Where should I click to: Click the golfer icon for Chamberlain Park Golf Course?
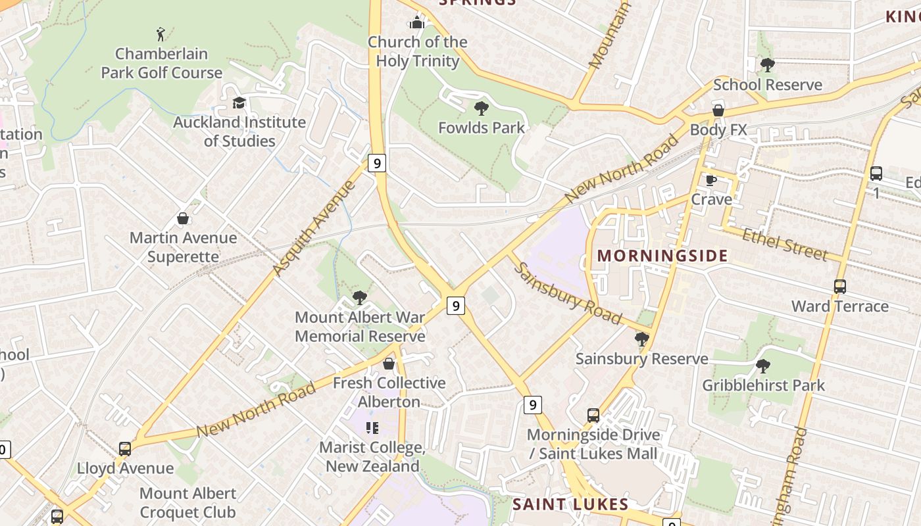(161, 34)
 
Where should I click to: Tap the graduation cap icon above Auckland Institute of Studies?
(239, 103)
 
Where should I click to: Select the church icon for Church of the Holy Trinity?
(416, 23)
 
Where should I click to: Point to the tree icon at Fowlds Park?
(482, 108)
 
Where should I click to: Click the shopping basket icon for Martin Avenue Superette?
(183, 218)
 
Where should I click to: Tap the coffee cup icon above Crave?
(710, 180)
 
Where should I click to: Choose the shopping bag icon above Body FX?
(718, 110)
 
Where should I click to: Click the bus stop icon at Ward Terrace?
(839, 287)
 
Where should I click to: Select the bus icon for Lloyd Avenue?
(125, 449)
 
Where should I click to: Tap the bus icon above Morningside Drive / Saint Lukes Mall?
(593, 416)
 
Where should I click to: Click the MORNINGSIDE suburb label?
(662, 256)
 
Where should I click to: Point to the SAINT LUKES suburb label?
(570, 504)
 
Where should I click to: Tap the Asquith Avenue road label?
(313, 227)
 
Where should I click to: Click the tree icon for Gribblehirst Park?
(762, 366)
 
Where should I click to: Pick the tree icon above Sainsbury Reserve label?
(641, 339)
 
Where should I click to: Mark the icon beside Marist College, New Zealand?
(372, 428)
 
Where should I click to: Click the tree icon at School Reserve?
(767, 65)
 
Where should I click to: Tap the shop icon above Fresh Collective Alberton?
(389, 364)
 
